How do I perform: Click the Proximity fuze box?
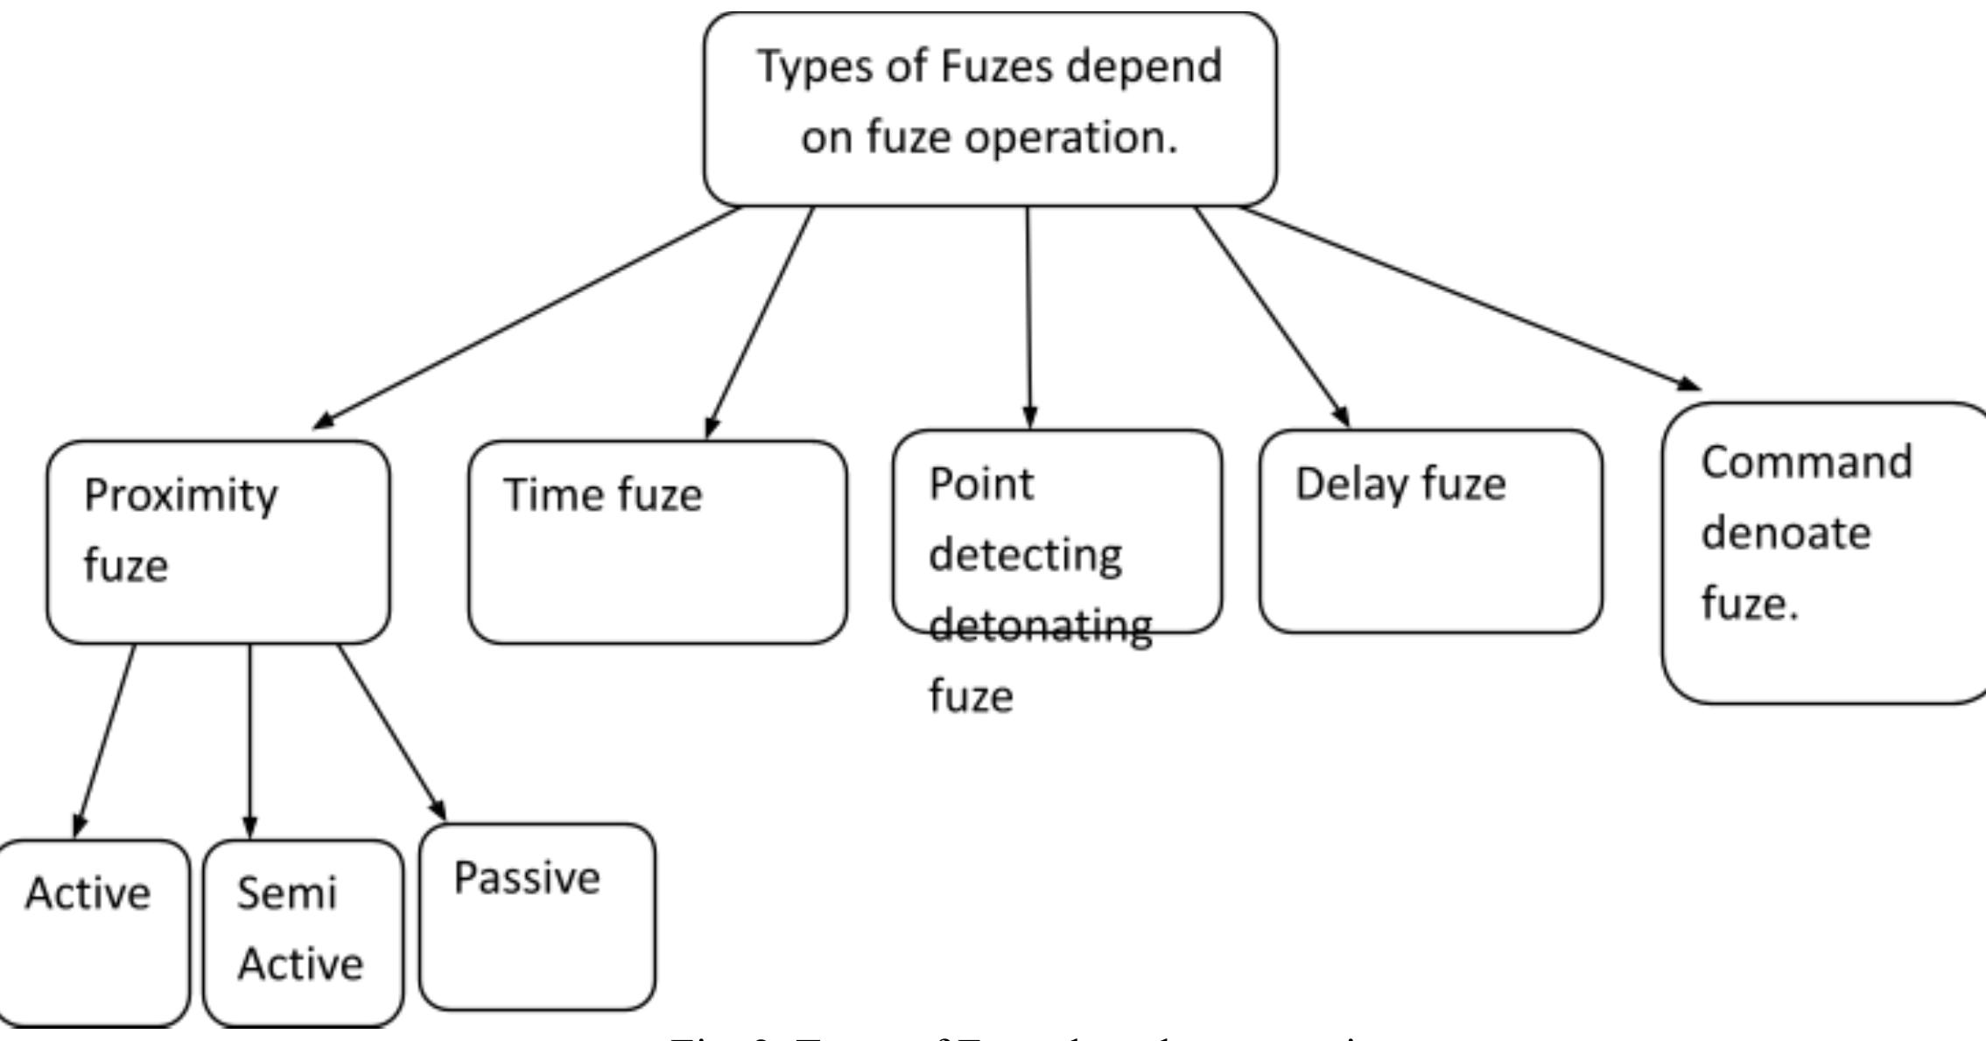click(218, 542)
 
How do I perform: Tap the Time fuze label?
click(602, 495)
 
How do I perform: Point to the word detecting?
click(1025, 555)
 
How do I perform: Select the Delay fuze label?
click(1400, 485)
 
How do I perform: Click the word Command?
click(1806, 462)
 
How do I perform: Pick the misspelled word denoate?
click(1785, 533)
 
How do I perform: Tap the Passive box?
click(537, 916)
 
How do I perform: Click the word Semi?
click(286, 893)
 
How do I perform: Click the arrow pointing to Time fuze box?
click(760, 322)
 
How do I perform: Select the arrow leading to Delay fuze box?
click(1272, 317)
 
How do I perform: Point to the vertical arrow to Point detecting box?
click(1028, 315)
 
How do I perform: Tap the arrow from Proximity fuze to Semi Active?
click(249, 740)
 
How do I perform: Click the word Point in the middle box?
click(980, 484)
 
